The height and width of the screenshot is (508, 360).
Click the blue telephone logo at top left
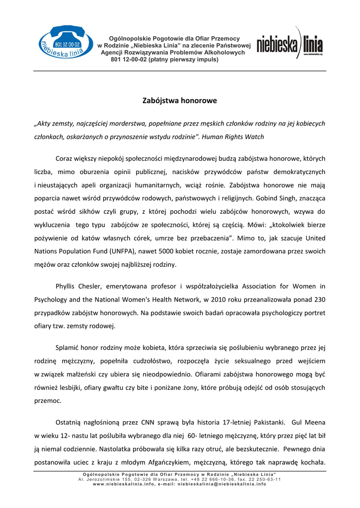62,44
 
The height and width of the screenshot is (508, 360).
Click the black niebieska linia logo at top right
289,46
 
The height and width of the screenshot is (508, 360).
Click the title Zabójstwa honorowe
180,101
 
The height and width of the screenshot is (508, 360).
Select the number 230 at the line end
319,300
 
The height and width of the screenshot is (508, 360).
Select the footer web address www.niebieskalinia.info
121,484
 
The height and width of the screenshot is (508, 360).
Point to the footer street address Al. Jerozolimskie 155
105,480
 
